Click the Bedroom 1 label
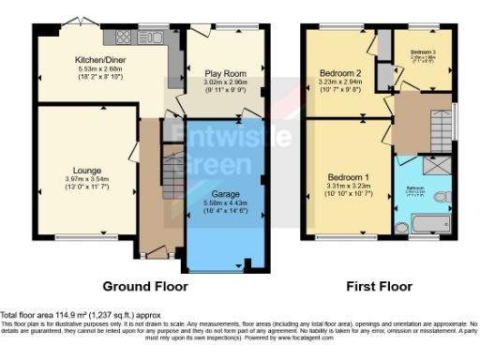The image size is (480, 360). click(348, 178)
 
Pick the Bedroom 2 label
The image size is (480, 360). click(341, 73)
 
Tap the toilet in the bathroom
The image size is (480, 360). click(401, 226)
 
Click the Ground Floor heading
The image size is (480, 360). click(144, 286)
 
